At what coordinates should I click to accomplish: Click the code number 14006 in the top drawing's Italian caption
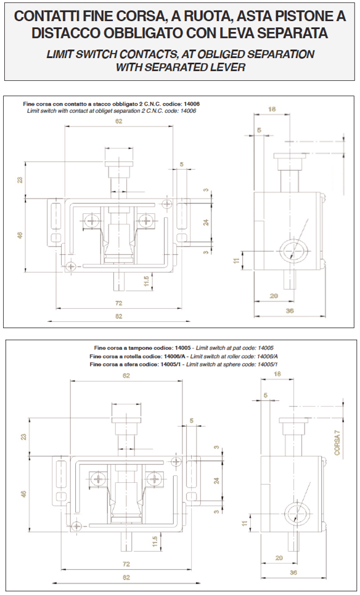192,104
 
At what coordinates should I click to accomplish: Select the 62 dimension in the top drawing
119,121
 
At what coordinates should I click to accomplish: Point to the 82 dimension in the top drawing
119,316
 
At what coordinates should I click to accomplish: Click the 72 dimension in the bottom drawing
126,564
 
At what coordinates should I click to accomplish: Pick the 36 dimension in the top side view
290,311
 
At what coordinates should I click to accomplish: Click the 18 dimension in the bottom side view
277,374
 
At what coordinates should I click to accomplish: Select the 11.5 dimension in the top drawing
147,282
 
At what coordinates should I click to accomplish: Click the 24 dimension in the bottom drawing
216,480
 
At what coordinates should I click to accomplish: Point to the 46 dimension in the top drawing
20,236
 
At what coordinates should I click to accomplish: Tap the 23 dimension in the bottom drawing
24,437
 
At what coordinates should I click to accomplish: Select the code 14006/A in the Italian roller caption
174,356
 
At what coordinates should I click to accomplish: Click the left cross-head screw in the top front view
92,220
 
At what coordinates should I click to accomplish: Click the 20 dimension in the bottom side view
279,557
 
